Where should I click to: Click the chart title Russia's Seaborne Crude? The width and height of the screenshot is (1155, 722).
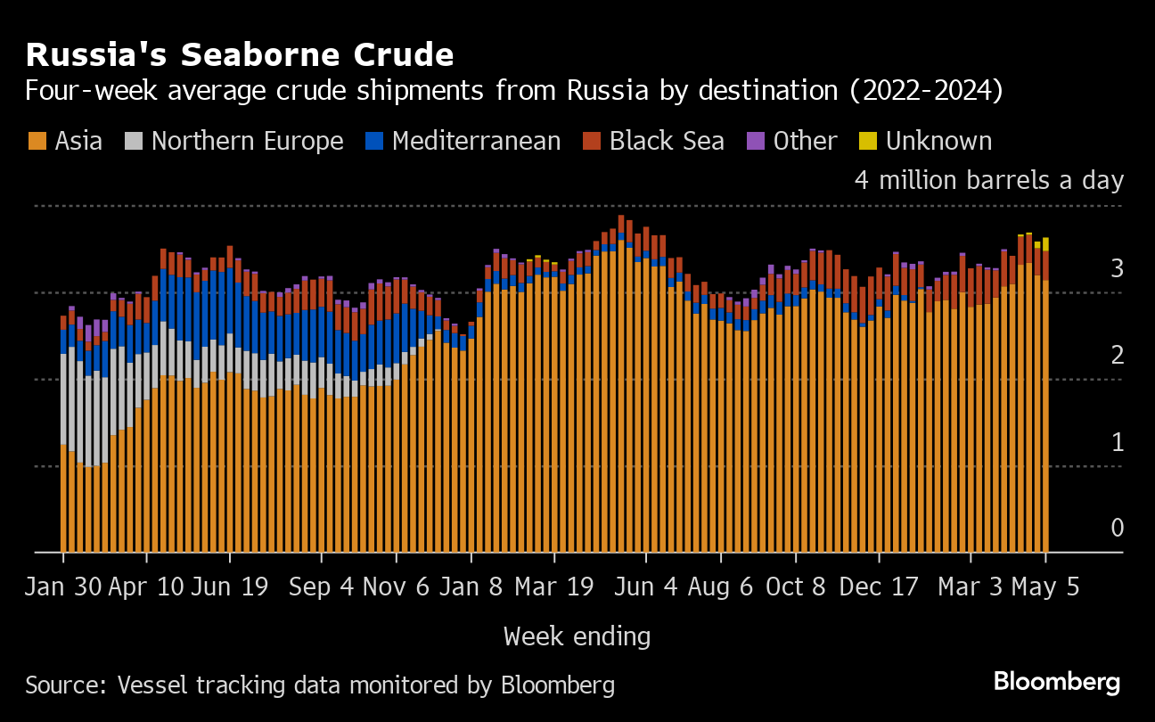240,55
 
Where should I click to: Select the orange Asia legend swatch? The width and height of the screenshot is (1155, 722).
37,141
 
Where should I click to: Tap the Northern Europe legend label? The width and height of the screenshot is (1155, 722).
247,141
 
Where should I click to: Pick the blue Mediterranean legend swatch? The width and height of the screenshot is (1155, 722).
374,141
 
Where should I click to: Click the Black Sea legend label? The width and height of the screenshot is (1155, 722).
667,141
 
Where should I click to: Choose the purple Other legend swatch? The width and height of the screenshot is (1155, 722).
756,141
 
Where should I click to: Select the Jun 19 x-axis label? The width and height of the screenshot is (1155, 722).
230,588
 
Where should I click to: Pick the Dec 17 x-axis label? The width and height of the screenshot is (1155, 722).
879,588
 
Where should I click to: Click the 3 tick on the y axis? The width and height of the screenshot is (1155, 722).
1116,268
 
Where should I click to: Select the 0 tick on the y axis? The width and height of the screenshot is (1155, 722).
1116,529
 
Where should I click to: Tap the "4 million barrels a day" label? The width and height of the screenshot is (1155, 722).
988,180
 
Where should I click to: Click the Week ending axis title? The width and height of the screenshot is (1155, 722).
577,636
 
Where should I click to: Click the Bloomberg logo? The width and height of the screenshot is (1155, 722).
1057,683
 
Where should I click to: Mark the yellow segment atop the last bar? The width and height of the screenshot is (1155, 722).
1045,244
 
